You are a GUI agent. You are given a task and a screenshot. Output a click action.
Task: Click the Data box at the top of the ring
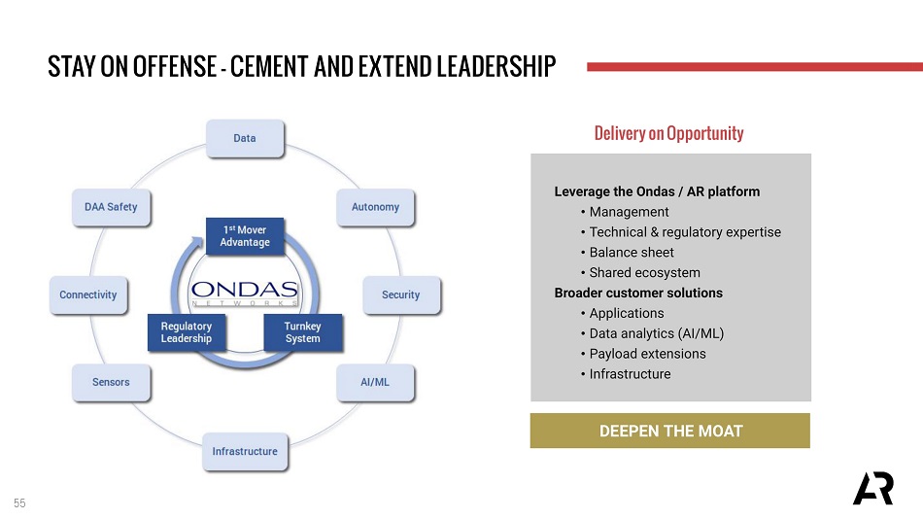coord(245,138)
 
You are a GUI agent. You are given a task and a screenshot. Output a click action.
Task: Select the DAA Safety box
coord(111,207)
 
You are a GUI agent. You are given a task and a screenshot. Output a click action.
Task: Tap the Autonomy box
coord(375,207)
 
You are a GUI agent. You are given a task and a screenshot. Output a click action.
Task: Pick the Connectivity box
coord(88,294)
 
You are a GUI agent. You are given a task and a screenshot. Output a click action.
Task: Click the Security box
coord(401,294)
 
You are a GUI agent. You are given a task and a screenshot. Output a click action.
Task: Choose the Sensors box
coord(111,382)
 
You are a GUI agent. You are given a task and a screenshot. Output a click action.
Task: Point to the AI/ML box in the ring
coord(375,382)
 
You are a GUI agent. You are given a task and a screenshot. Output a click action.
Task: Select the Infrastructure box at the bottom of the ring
coord(245,451)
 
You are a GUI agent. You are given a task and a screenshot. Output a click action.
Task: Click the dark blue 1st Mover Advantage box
coord(245,236)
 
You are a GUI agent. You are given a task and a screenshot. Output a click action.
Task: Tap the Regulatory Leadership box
coord(187,332)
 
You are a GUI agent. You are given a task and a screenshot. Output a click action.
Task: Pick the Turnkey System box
coord(302,332)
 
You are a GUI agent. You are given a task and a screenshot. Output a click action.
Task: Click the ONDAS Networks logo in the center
coord(245,293)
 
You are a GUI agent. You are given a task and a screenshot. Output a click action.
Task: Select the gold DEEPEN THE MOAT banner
coord(669,431)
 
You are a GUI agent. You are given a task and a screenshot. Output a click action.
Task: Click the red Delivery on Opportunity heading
coord(668,133)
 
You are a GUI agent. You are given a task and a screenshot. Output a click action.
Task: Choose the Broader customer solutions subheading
coord(638,293)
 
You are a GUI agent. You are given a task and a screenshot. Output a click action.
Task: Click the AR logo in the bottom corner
coord(873,488)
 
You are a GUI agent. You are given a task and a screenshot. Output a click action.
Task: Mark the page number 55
coord(19,503)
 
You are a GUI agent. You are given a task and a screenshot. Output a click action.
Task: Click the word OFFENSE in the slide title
coord(174,66)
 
